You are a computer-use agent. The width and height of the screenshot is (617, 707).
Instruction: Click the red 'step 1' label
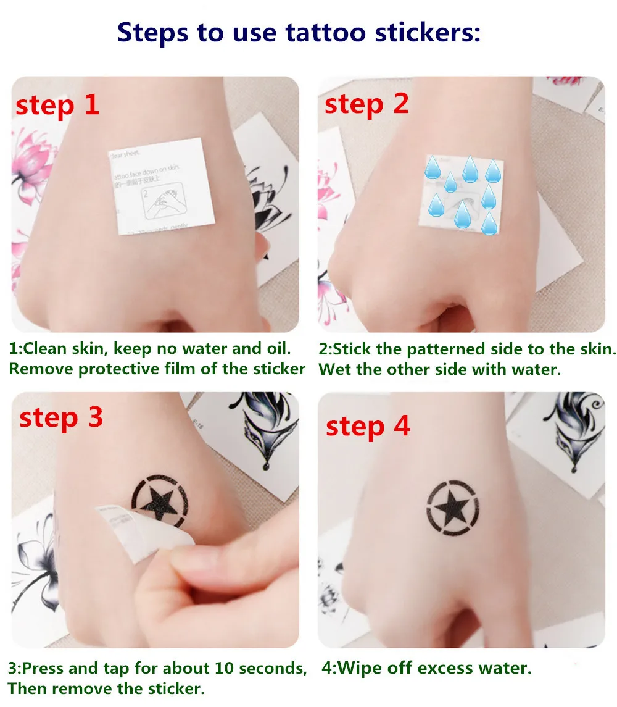click(x=57, y=106)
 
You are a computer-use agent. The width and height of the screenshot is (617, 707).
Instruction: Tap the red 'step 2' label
click(x=366, y=104)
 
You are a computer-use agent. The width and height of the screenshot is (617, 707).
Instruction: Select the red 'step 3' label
click(x=60, y=418)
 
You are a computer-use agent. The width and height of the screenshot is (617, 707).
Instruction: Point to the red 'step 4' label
click(x=368, y=426)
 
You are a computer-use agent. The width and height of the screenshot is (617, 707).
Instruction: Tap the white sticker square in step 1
click(x=162, y=185)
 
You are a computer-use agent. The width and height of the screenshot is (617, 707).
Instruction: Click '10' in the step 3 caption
click(x=228, y=668)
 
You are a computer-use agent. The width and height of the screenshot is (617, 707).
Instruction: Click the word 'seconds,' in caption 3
click(x=276, y=668)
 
